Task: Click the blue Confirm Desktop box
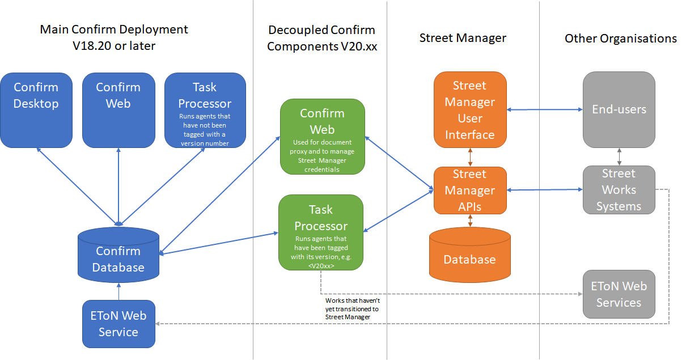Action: click(x=36, y=109)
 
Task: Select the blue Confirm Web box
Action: click(x=118, y=109)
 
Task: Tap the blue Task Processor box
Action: click(x=205, y=109)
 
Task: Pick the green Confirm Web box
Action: click(x=322, y=137)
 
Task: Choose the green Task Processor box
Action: click(x=320, y=232)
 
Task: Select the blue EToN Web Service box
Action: click(x=118, y=324)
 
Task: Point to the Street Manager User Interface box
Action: click(x=469, y=110)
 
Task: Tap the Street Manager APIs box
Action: click(x=469, y=190)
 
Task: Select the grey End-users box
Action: click(x=619, y=109)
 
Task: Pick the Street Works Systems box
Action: click(x=619, y=190)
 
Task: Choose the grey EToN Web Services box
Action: click(x=619, y=294)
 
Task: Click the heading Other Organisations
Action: click(x=620, y=39)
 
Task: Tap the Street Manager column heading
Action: click(x=463, y=38)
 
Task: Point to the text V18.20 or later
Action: click(x=114, y=46)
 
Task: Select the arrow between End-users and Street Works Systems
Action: click(x=619, y=156)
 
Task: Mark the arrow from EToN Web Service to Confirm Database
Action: click(x=118, y=291)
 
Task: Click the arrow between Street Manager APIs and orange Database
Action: click(x=470, y=221)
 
